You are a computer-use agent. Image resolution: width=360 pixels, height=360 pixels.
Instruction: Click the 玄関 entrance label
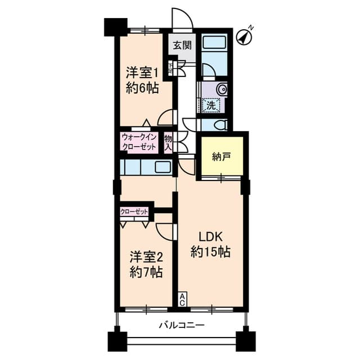182,46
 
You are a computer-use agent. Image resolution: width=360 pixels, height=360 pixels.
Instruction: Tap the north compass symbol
245,36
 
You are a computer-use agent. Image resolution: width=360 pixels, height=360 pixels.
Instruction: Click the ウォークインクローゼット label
139,141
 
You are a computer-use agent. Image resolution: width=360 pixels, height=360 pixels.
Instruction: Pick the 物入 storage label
168,141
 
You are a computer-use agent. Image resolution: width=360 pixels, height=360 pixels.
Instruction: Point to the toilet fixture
220,124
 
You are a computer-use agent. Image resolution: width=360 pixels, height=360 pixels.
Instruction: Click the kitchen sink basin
163,167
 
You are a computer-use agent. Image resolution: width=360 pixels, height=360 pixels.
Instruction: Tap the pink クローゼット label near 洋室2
134,212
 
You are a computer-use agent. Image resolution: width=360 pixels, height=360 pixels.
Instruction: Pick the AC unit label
183,300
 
